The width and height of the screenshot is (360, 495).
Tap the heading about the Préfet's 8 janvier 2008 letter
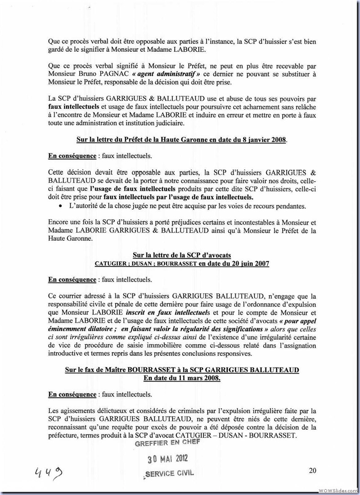tap(181, 140)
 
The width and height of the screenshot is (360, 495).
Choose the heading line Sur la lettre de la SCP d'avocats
tap(181, 256)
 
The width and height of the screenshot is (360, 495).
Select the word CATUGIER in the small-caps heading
tap(111, 264)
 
